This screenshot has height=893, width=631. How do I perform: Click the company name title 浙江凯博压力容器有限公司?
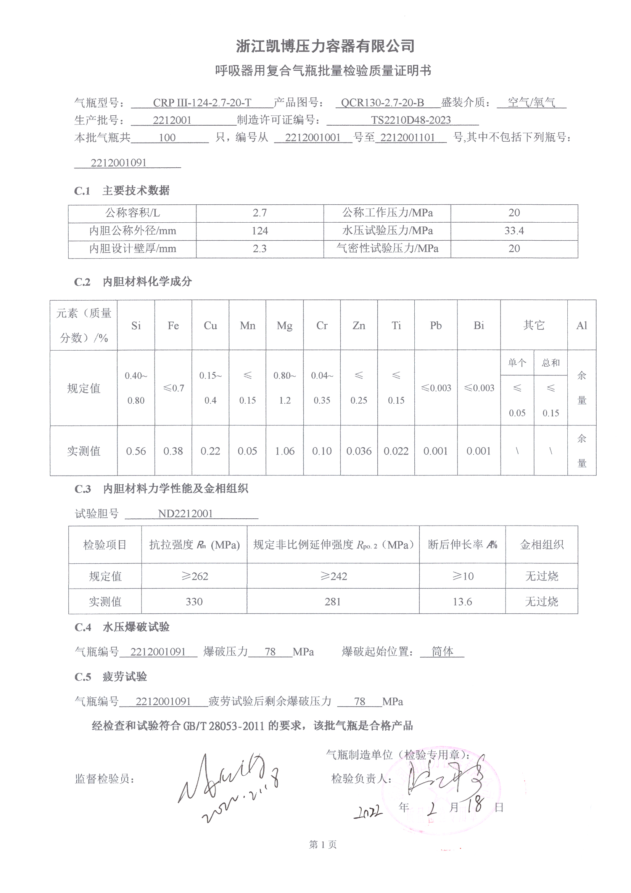[x=325, y=46]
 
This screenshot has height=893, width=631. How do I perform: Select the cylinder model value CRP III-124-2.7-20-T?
[x=202, y=103]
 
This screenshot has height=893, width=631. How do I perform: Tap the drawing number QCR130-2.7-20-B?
[x=382, y=103]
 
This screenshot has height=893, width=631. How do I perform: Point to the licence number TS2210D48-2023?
[x=411, y=120]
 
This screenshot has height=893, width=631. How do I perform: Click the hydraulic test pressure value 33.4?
[x=514, y=231]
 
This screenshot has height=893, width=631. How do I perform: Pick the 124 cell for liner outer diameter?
[x=259, y=231]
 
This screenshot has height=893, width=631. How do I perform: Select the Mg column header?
[x=285, y=325]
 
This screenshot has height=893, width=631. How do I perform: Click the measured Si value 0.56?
[x=136, y=451]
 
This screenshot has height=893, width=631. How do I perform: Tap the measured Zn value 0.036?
[x=359, y=451]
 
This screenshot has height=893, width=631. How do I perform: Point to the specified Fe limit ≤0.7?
[x=173, y=388]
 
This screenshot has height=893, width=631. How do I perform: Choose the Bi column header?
[x=479, y=325]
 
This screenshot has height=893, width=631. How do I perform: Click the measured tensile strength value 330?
[x=194, y=602]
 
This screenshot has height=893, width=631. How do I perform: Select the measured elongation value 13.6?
[x=462, y=602]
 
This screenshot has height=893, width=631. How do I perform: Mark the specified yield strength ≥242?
[x=333, y=576]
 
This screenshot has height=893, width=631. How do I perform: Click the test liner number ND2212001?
[x=185, y=513]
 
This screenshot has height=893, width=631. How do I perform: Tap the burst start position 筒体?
[x=442, y=652]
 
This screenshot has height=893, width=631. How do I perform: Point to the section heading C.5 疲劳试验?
[x=111, y=677]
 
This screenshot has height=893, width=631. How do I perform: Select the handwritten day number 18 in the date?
[x=475, y=804]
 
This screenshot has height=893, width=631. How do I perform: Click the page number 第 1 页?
[x=322, y=844]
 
